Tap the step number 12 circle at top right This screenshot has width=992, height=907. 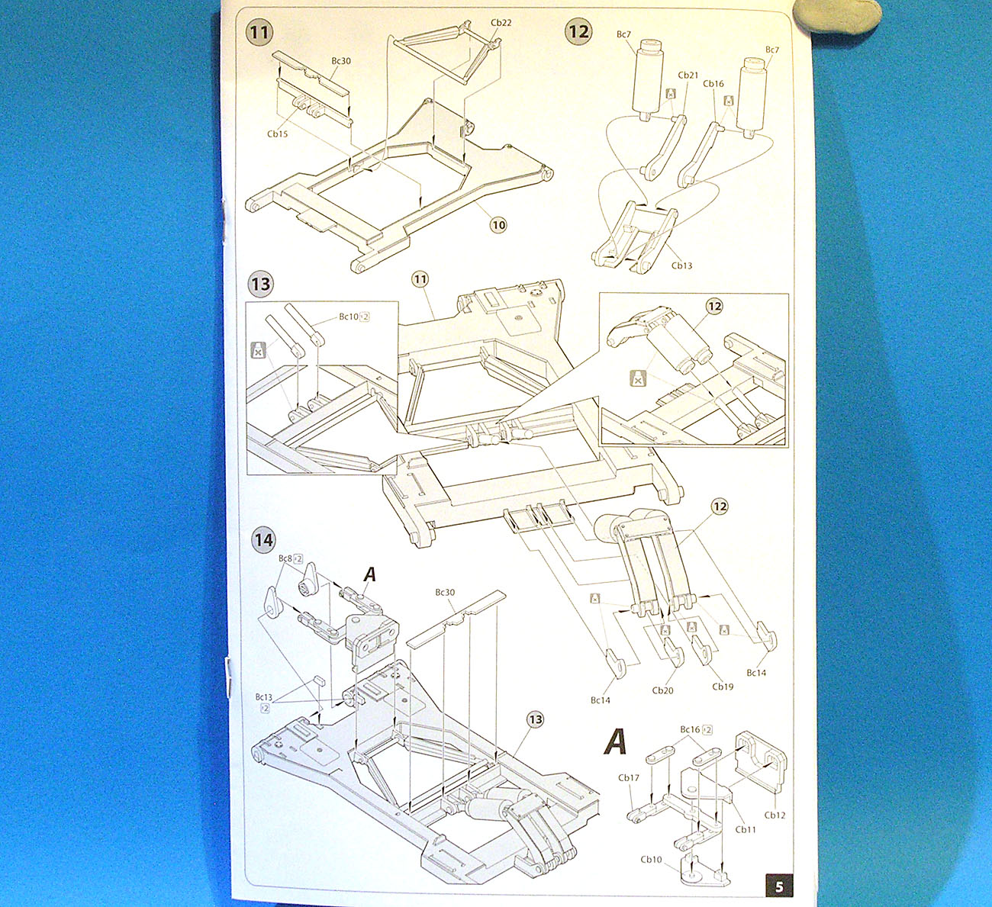click(x=578, y=31)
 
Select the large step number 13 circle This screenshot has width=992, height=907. click(x=260, y=285)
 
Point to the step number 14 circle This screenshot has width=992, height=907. click(x=263, y=540)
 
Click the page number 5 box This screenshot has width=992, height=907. click(x=778, y=886)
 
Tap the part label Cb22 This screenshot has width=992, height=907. click(x=501, y=23)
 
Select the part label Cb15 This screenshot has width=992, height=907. click(x=277, y=134)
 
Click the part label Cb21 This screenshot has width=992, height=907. click(x=688, y=76)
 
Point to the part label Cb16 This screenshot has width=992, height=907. click(x=713, y=84)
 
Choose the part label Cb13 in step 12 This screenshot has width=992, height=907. click(x=681, y=265)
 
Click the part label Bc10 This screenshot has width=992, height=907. click(x=349, y=317)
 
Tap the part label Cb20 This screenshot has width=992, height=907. click(x=662, y=690)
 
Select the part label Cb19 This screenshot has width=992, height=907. click(x=723, y=686)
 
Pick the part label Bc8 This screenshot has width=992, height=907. click(x=285, y=558)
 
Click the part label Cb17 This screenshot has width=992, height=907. click(x=629, y=777)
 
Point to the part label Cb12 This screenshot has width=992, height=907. click(x=775, y=815)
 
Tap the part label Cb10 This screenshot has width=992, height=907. click(x=651, y=859)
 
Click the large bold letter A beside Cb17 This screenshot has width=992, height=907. click(x=615, y=741)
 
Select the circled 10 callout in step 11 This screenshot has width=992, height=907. click(x=498, y=225)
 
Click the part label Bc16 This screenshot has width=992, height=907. click(x=690, y=729)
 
